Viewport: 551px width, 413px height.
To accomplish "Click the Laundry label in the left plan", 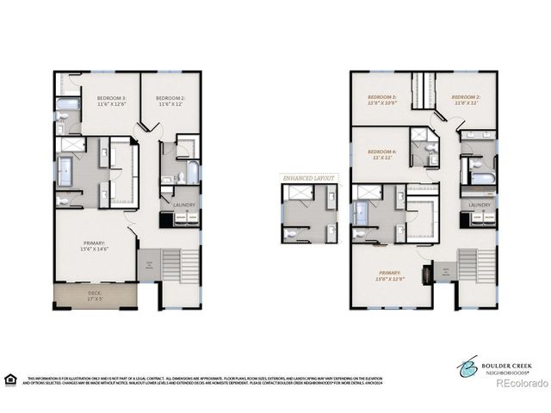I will click(x=183, y=205).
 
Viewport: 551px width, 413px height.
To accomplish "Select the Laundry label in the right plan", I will click(x=480, y=205).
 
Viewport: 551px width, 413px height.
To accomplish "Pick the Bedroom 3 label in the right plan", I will click(x=382, y=101).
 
